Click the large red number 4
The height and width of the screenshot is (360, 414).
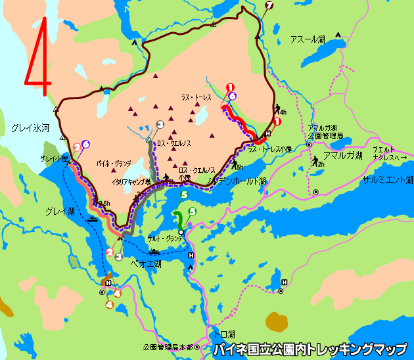39,55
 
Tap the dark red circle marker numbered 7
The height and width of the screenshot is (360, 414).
268,6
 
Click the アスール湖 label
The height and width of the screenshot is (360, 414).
308,39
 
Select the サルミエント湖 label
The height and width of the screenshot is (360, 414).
387,179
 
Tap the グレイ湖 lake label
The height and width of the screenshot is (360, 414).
60,211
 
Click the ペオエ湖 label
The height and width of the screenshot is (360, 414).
146,263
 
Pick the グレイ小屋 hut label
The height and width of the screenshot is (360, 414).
55,159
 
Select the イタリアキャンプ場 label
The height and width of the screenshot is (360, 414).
131,181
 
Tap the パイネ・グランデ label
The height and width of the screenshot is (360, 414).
114,162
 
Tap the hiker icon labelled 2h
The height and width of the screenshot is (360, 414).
317,160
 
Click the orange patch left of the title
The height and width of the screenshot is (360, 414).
277,322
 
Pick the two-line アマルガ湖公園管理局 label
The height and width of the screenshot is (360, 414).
325,131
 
